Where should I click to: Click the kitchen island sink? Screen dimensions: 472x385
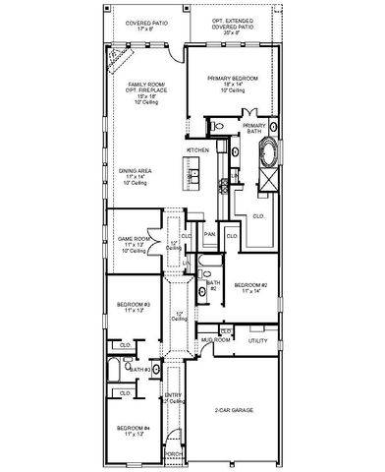[x=193, y=175]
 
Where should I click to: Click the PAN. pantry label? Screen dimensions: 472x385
[x=209, y=236]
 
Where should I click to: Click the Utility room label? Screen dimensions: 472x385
[x=257, y=340]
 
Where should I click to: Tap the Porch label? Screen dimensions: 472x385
[x=174, y=453]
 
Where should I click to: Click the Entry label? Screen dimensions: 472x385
[x=173, y=396]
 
